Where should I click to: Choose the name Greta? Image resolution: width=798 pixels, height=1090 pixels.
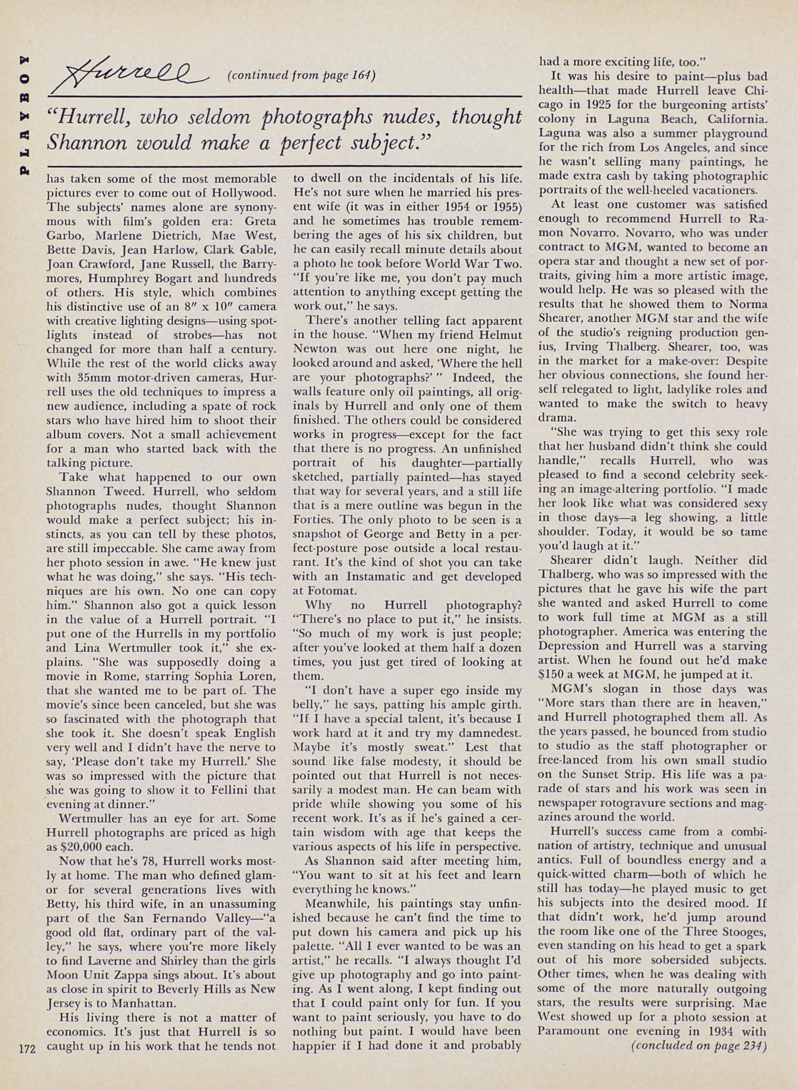(x=260, y=222)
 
